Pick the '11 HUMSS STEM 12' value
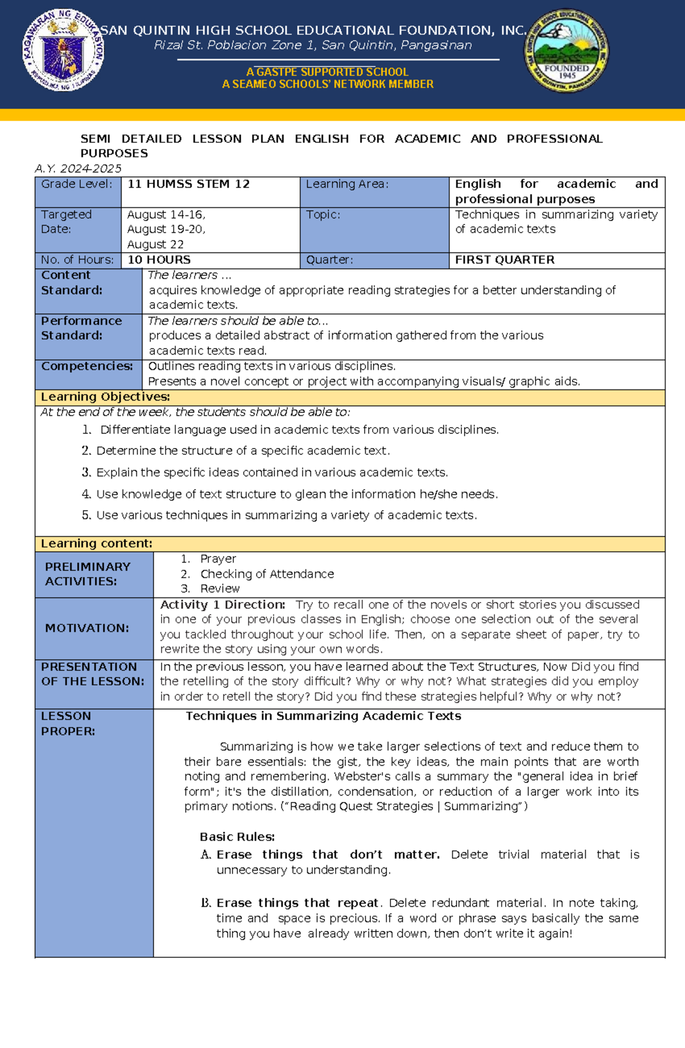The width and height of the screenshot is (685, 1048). pyautogui.click(x=188, y=184)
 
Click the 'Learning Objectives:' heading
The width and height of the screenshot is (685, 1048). pyautogui.click(x=105, y=397)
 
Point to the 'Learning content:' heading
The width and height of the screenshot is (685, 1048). pyautogui.click(x=96, y=544)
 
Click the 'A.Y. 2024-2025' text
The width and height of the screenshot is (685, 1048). pyautogui.click(x=78, y=168)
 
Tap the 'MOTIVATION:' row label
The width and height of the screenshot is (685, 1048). pyautogui.click(x=87, y=628)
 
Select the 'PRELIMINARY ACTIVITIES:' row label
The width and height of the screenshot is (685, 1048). pyautogui.click(x=88, y=574)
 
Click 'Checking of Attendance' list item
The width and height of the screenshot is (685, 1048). pyautogui.click(x=267, y=574)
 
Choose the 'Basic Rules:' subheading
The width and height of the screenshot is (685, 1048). pyautogui.click(x=237, y=837)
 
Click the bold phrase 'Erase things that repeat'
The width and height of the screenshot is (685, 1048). pyautogui.click(x=297, y=904)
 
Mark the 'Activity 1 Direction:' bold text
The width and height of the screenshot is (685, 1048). pyautogui.click(x=223, y=605)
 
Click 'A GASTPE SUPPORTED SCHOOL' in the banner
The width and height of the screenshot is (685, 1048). pyautogui.click(x=327, y=72)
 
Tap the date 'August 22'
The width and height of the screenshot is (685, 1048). pyautogui.click(x=155, y=244)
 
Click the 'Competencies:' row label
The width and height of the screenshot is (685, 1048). pyautogui.click(x=87, y=366)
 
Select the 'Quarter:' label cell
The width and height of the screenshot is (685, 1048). pyautogui.click(x=329, y=260)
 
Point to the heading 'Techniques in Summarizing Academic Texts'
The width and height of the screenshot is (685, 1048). pyautogui.click(x=323, y=716)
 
